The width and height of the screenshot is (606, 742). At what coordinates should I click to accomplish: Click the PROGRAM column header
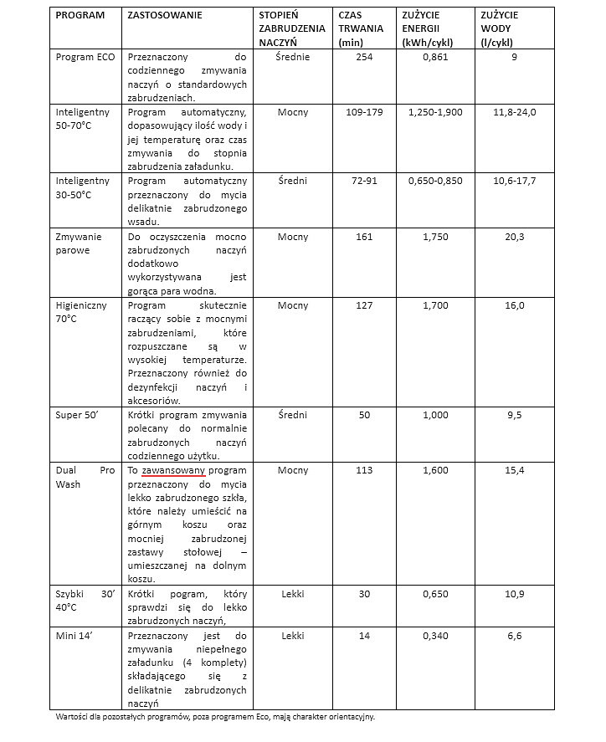pos(80,16)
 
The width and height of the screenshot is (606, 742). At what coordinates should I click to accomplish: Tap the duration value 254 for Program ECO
pos(364,57)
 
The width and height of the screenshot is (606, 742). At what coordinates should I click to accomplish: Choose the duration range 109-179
pos(364,111)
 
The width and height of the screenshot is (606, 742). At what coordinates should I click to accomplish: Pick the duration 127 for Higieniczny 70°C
pos(364,305)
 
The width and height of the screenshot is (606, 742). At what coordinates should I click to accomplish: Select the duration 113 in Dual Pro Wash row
pos(364,470)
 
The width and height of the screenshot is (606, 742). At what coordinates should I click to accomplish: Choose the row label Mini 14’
pos(73,636)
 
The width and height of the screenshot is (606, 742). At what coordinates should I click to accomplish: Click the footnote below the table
pos(215,717)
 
